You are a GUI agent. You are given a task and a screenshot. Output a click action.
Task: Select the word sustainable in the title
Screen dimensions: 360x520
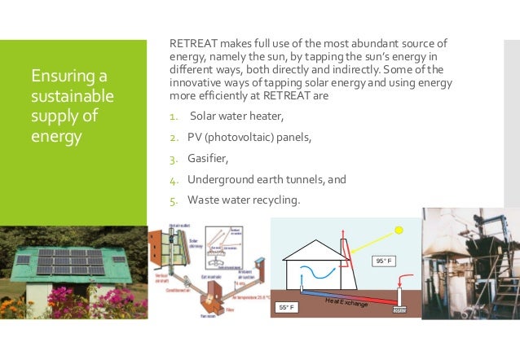(64, 96)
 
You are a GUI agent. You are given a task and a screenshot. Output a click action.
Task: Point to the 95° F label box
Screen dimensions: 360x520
(384, 261)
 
